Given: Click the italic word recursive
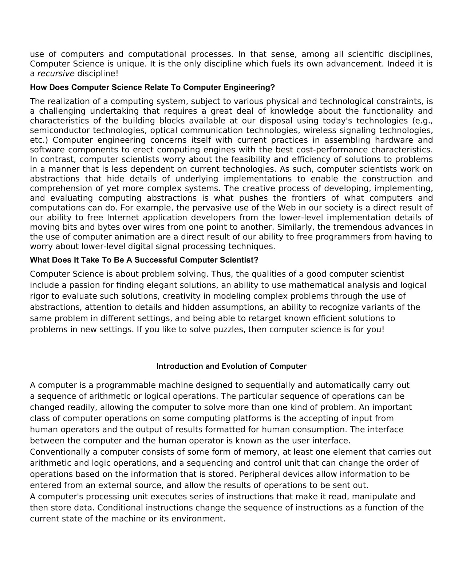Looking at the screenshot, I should click(x=56, y=74).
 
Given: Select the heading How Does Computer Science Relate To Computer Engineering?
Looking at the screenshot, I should click(x=152, y=87).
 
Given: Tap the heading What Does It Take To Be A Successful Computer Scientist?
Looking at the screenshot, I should click(x=144, y=260).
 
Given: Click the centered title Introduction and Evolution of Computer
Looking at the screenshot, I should click(x=231, y=366).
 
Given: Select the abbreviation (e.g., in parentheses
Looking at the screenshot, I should click(x=422, y=121).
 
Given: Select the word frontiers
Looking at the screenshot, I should click(x=309, y=198).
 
